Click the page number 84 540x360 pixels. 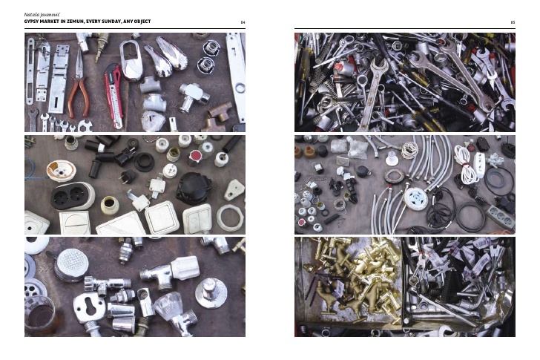pos(243,22)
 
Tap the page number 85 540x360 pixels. pos(513,22)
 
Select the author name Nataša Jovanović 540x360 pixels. pos(37,15)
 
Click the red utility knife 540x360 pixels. pos(114,96)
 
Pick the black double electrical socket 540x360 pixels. pos(73,197)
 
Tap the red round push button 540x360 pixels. pos(195,157)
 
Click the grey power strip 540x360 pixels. pos(500,216)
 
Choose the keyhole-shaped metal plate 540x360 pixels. pos(89,307)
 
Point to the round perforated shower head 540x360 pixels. pos(71,264)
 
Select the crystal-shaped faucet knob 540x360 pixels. pos(169,307)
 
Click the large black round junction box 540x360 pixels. pos(194,188)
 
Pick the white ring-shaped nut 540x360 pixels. pos(230,217)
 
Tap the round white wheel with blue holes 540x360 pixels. pos(415,198)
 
